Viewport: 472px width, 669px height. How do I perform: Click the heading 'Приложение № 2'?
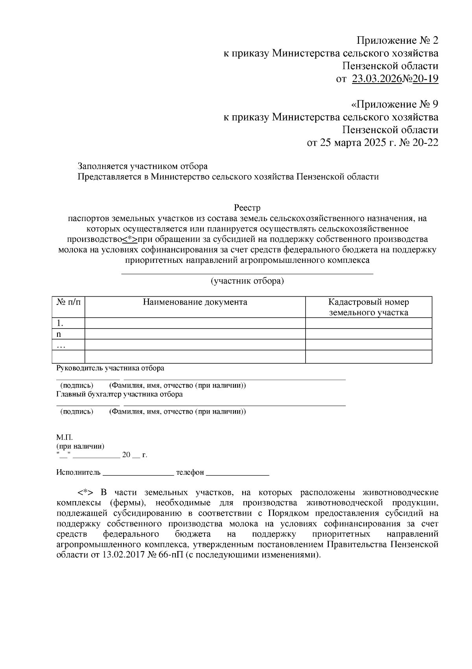click(397, 41)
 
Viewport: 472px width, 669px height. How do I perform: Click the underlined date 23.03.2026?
click(377, 79)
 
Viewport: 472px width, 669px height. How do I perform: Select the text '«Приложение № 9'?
click(394, 104)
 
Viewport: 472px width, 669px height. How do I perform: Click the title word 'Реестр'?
click(247, 207)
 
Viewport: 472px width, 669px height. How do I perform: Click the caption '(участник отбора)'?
click(247, 281)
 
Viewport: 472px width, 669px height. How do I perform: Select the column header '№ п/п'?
click(68, 303)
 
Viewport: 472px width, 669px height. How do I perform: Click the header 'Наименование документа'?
click(195, 302)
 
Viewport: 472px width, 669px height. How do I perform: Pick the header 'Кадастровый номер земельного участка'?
click(369, 307)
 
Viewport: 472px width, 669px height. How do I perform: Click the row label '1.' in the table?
click(60, 323)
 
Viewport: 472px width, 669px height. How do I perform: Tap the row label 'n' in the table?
click(59, 334)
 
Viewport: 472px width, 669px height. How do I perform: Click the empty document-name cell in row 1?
click(195, 323)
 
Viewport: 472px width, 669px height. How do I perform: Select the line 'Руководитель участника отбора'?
click(110, 368)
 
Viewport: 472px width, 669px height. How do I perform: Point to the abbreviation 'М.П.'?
click(65, 438)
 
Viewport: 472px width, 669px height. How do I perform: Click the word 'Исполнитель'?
click(78, 472)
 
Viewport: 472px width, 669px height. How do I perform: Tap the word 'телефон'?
click(190, 472)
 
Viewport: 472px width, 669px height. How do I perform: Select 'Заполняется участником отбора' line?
click(142, 166)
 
